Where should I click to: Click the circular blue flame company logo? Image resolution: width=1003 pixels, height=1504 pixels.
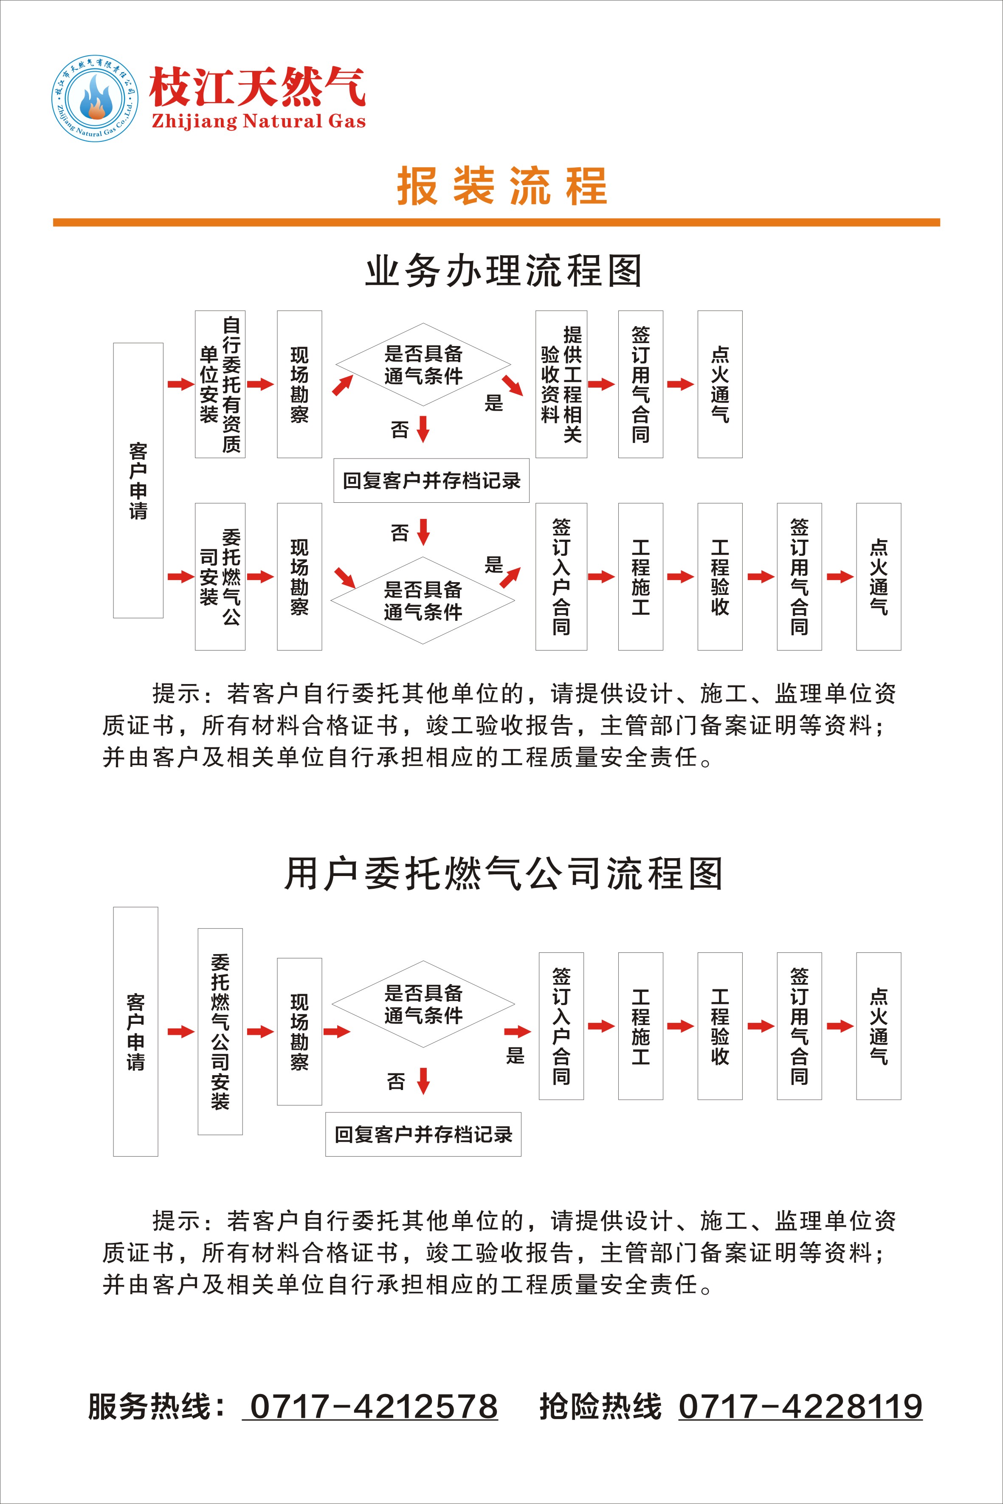95,98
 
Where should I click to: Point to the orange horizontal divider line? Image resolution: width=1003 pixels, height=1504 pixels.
496,223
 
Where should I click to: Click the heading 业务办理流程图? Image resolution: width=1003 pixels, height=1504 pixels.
504,271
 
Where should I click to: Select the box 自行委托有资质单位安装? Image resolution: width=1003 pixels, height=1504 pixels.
220,384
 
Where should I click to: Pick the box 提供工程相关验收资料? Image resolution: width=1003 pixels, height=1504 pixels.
561,384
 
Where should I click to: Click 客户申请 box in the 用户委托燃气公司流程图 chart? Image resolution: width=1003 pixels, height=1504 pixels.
135,1031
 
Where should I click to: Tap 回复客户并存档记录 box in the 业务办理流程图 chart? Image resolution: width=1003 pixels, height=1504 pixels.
432,480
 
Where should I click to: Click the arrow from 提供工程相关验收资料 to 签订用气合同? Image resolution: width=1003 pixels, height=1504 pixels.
601,384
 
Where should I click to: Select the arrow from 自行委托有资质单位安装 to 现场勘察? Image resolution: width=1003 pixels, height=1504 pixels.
260,384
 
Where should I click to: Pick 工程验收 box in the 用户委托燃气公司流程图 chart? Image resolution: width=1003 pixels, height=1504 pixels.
720,1026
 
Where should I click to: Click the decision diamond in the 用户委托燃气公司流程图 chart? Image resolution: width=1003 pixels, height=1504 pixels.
423,1004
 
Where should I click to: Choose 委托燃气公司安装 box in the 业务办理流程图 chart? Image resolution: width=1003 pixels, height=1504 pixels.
220,577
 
